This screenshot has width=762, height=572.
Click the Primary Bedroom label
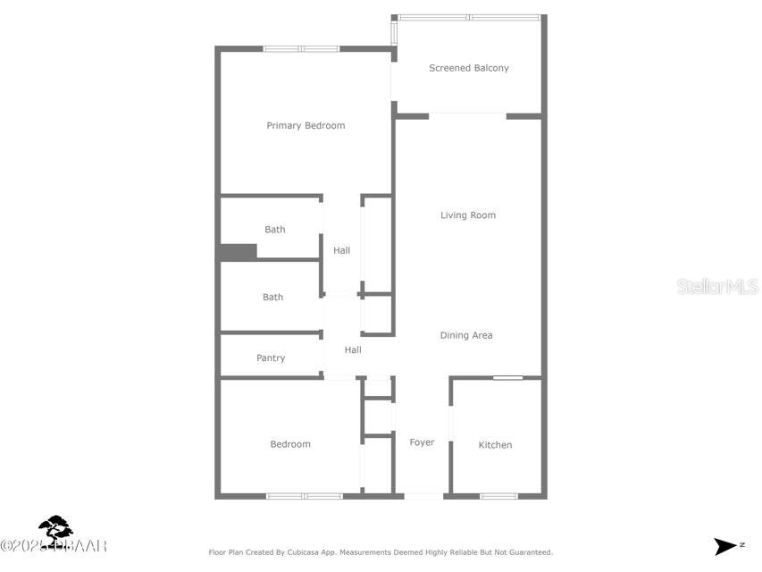pos(306,126)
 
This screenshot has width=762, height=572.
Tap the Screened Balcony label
pos(468,68)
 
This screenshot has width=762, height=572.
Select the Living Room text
pos(467,215)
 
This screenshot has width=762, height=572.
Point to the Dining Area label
pos(465,336)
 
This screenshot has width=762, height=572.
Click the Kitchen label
pos(495,445)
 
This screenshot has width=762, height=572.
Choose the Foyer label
pos(422,442)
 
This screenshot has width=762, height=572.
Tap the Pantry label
pos(271,358)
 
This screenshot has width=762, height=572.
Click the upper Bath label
pos(274,230)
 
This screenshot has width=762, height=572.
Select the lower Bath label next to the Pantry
pos(272,298)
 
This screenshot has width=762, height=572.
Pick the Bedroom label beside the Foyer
pos(290,444)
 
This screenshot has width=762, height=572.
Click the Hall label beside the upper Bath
pos(341,251)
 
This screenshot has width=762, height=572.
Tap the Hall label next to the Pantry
pos(353,350)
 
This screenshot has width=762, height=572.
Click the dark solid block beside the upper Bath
pos(238,252)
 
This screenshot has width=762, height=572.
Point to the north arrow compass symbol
pos(725,546)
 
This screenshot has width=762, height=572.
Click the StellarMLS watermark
pos(717,287)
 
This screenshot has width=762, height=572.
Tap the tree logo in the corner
pos(55,529)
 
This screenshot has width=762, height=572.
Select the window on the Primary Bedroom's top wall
pos(300,48)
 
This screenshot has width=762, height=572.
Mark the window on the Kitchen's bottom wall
pos(498,495)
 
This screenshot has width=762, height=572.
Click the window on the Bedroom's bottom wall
pos(304,495)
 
